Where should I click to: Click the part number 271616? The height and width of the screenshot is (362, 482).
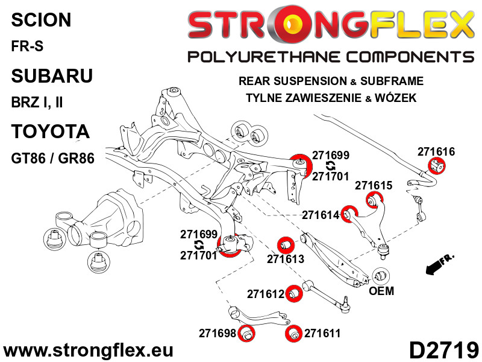(438, 152)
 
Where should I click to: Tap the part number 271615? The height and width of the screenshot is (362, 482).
(374, 186)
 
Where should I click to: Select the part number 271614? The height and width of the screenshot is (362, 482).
(321, 215)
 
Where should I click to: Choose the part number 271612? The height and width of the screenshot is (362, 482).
(265, 294)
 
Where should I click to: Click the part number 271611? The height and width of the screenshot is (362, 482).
(322, 332)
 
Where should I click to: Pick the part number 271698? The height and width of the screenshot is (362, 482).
(218, 333)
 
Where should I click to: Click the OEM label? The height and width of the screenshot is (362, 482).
(381, 291)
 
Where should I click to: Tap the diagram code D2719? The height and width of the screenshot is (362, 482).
(443, 350)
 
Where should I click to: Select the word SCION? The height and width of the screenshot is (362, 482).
(41, 20)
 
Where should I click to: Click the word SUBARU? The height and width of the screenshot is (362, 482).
(52, 76)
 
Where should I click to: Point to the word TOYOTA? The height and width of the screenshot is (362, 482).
(51, 132)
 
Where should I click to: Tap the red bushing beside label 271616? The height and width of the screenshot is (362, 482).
(437, 165)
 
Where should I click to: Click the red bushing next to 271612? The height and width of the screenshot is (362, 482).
(293, 293)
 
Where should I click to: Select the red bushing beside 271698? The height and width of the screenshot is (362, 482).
(245, 334)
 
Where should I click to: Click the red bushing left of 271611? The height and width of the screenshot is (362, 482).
(294, 334)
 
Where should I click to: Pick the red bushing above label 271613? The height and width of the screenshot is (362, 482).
(284, 244)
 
